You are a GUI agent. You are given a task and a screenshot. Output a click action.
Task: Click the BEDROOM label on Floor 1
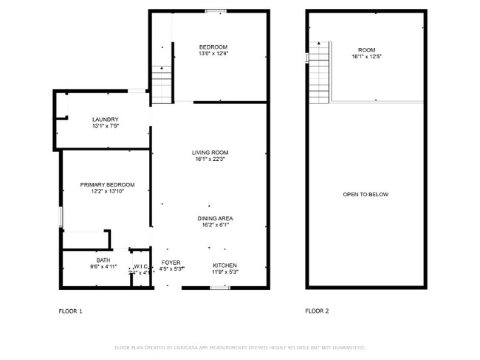click(x=213, y=46)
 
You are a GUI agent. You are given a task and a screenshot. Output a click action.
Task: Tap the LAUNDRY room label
click(x=106, y=120)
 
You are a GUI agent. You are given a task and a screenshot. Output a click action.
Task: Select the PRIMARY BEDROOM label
click(x=108, y=184)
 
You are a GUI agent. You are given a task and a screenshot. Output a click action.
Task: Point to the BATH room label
click(x=103, y=260)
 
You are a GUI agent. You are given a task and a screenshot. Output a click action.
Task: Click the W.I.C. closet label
click(x=142, y=266)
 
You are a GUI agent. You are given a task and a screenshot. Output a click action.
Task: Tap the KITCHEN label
click(x=225, y=265)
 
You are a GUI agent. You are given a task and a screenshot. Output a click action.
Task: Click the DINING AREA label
click(x=216, y=218)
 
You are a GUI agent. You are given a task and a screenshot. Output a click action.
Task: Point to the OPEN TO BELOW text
click(x=366, y=195)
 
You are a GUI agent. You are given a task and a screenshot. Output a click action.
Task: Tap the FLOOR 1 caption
click(x=71, y=311)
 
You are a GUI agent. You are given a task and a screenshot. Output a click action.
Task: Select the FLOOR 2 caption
click(x=318, y=311)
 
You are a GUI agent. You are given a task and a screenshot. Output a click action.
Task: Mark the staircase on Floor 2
click(x=318, y=74)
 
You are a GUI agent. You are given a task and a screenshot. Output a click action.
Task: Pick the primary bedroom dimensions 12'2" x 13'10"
click(x=108, y=191)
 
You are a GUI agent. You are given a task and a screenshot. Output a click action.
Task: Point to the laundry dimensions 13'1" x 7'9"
click(x=106, y=126)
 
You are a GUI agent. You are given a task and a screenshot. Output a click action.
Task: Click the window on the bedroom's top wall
click(x=216, y=10)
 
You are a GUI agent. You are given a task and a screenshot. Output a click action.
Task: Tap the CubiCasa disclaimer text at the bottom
click(x=240, y=347)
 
